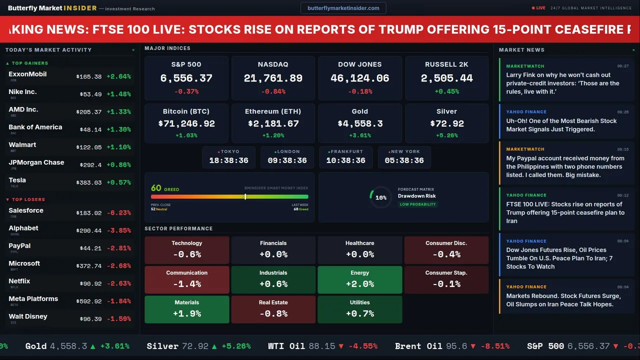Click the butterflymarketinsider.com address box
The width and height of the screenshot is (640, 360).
click(x=343, y=8)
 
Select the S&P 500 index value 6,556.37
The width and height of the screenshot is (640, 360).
click(x=186, y=78)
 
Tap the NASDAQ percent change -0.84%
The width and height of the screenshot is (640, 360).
click(x=273, y=91)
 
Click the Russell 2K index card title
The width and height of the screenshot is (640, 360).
click(x=446, y=64)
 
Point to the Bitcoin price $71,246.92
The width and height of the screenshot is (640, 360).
click(x=186, y=123)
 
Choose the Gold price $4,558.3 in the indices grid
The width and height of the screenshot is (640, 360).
click(x=360, y=123)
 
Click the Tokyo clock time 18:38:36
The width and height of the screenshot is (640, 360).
click(x=228, y=160)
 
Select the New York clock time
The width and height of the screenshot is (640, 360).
click(x=404, y=160)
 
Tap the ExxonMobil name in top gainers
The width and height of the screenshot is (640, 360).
click(x=27, y=74)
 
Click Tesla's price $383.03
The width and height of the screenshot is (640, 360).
click(x=89, y=183)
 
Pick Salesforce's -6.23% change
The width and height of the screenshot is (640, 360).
click(x=118, y=213)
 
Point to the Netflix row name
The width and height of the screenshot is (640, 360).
click(x=19, y=281)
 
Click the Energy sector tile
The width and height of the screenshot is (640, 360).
click(x=360, y=280)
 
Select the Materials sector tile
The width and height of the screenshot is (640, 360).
click(x=187, y=309)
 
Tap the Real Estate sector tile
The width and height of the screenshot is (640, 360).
click(x=273, y=309)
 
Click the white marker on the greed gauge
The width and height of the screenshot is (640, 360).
click(x=245, y=197)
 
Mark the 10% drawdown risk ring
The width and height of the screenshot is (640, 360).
click(x=380, y=197)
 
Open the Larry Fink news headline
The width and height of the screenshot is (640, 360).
click(x=562, y=83)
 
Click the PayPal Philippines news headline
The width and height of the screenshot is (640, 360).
click(x=565, y=166)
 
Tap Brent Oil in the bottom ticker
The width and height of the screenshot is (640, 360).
click(x=418, y=346)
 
